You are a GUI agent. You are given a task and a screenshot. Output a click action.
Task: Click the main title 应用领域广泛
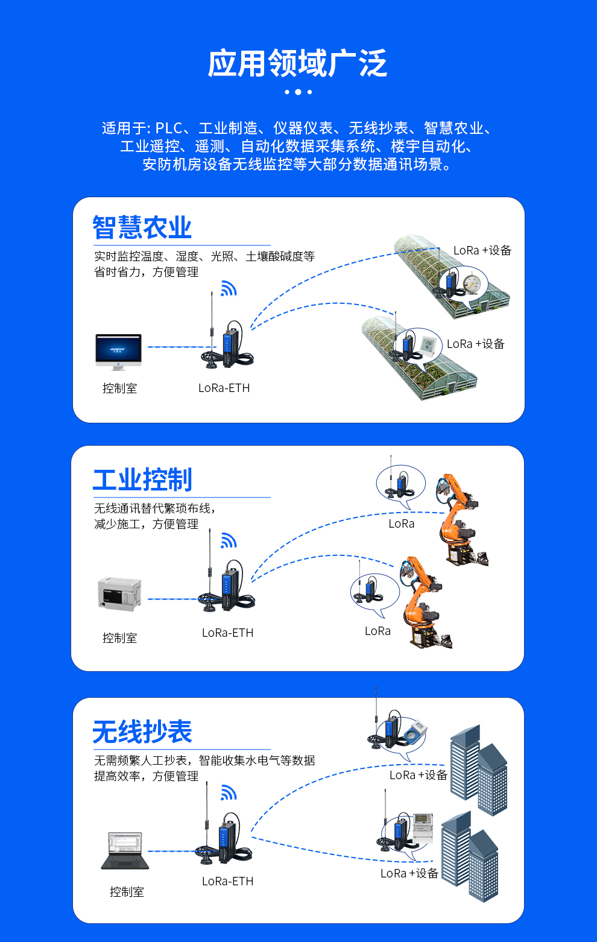297,64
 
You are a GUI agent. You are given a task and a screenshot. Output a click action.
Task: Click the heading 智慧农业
142,228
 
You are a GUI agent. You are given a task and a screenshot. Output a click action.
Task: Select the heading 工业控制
142,480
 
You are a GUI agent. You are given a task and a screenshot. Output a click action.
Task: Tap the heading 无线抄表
142,732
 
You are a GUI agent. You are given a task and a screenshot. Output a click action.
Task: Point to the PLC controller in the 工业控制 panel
119,594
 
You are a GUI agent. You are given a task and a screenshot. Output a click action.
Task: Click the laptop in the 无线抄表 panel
125,850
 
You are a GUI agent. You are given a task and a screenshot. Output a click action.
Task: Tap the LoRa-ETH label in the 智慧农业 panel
224,388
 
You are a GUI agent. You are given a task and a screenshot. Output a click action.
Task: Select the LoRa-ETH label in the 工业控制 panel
227,633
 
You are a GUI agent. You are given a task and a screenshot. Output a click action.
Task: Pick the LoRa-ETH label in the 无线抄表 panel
227,882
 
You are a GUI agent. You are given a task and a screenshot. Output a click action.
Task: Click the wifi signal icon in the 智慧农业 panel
228,289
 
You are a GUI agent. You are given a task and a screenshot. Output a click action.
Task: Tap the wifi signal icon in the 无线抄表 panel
228,792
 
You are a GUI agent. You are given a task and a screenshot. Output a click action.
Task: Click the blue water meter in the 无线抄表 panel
414,732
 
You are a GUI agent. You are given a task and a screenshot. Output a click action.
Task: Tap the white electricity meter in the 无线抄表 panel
423,825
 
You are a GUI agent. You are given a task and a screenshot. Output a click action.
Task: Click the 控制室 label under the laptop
127,892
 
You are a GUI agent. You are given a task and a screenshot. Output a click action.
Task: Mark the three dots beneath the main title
298,92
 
